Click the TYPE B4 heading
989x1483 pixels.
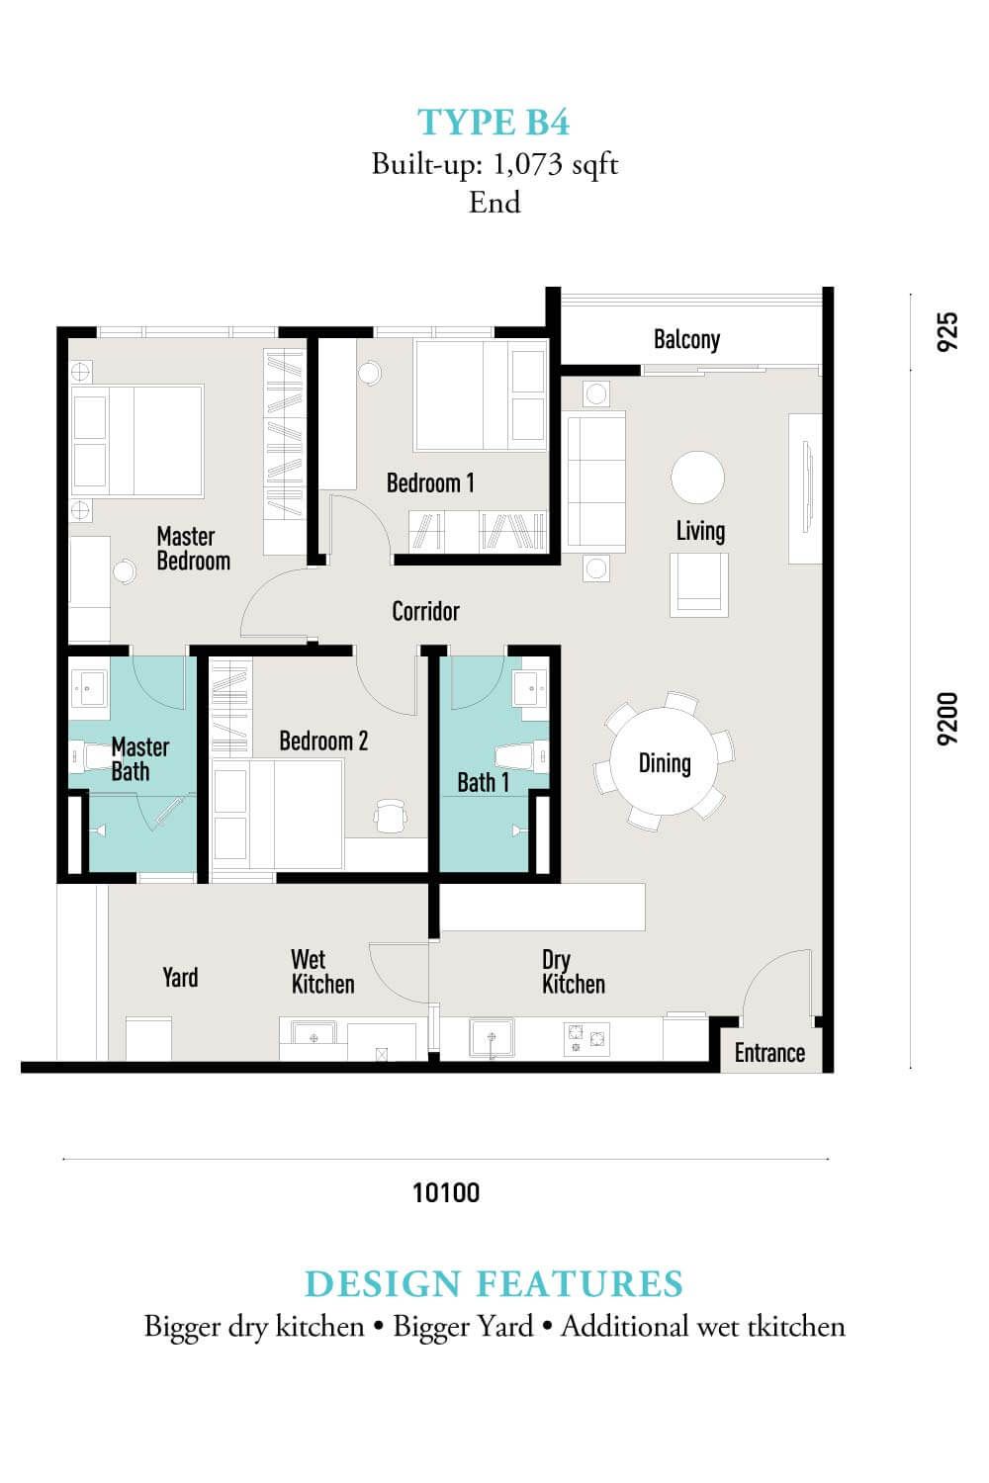pyautogui.click(x=494, y=123)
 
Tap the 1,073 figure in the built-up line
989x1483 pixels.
pyautogui.click(x=527, y=163)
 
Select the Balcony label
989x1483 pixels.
pyautogui.click(x=687, y=340)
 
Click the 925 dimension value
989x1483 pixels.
pyautogui.click(x=947, y=331)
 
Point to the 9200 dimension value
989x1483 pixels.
pyautogui.click(x=947, y=719)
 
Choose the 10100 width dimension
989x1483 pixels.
pyautogui.click(x=446, y=1193)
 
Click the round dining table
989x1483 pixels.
pyautogui.click(x=664, y=761)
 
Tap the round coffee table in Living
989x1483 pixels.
pyautogui.click(x=697, y=478)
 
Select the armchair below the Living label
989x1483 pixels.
pyautogui.click(x=699, y=585)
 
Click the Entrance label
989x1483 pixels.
pyautogui.click(x=769, y=1053)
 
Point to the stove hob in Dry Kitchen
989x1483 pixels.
pyautogui.click(x=586, y=1038)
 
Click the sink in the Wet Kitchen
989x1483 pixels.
pyautogui.click(x=314, y=1036)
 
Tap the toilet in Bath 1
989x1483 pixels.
pyautogui.click(x=521, y=756)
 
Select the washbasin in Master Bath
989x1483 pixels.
pyautogui.click(x=89, y=688)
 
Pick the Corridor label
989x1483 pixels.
pyautogui.click(x=425, y=611)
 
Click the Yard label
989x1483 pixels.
pyautogui.click(x=180, y=977)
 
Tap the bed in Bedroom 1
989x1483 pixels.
pyautogui.click(x=481, y=395)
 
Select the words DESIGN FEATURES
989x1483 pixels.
pyautogui.click(x=494, y=1284)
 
